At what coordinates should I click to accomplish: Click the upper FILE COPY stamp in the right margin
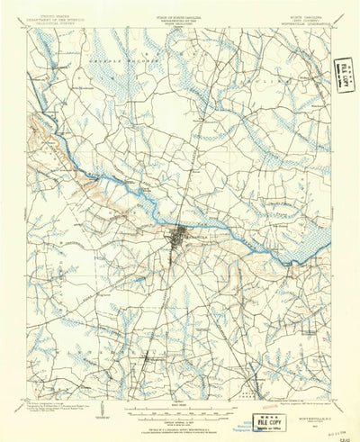click(343, 71)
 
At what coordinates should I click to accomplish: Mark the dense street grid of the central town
click(180, 239)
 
